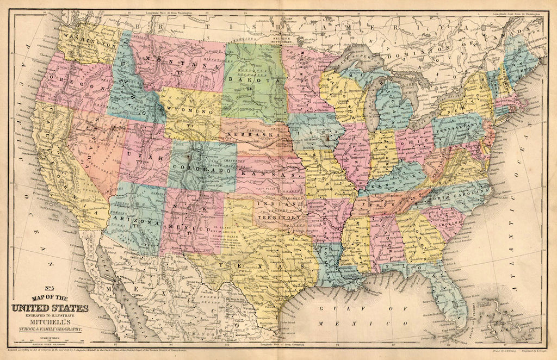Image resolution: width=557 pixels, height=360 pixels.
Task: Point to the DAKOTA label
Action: [x=252, y=79]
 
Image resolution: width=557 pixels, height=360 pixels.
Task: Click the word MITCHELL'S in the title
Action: [x=50, y=322]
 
